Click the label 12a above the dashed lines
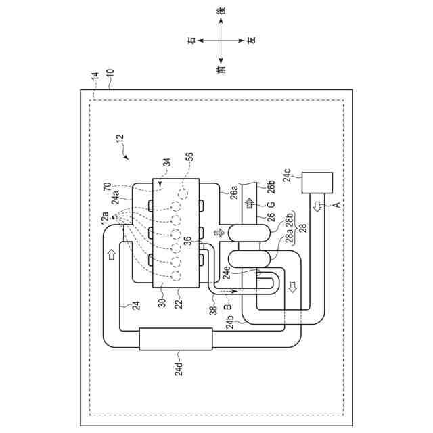105,218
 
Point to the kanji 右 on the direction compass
191,41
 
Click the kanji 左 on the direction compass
251,41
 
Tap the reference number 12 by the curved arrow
119,140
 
